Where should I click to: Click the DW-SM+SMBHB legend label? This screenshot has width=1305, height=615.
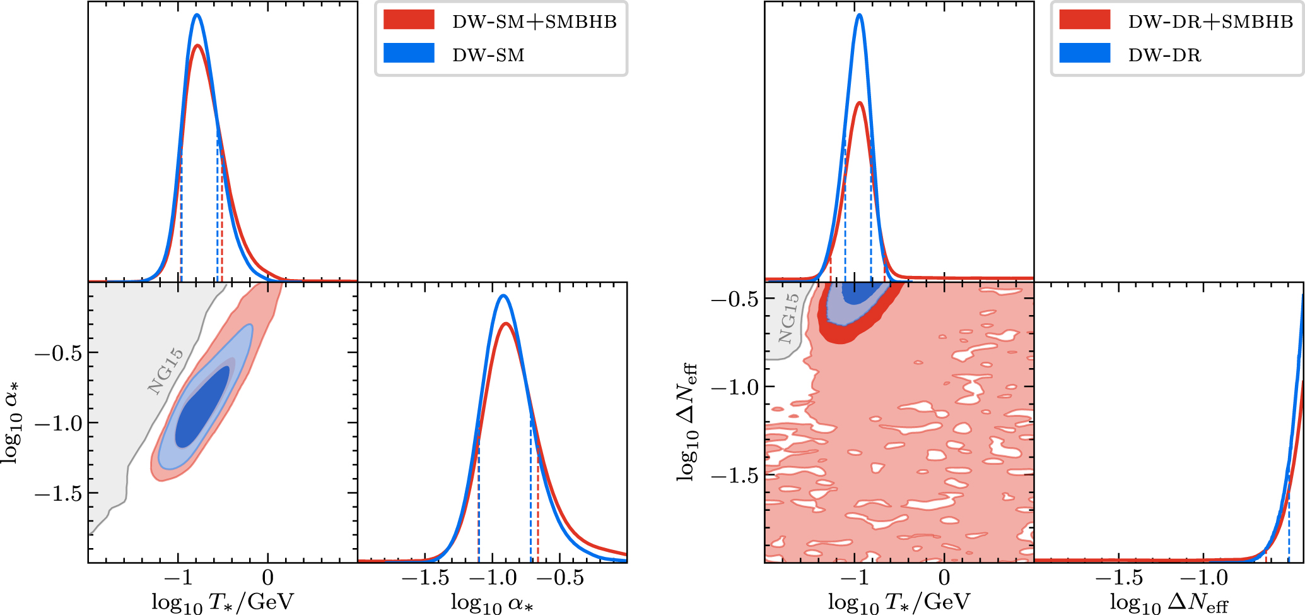[x=534, y=22]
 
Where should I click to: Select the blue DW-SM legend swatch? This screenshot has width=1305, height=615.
[x=409, y=53]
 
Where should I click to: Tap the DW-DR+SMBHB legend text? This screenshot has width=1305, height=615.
[x=1210, y=22]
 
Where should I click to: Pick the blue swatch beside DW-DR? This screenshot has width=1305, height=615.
[x=1084, y=53]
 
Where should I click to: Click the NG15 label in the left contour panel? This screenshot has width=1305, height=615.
[x=166, y=371]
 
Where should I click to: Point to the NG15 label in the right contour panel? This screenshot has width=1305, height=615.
[x=788, y=319]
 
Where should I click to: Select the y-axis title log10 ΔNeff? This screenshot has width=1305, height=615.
[x=688, y=422]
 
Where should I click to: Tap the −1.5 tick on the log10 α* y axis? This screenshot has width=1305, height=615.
[x=58, y=494]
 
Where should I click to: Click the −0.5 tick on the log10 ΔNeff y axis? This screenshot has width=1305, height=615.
[x=734, y=299]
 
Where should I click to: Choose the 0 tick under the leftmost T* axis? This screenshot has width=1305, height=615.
[x=268, y=578]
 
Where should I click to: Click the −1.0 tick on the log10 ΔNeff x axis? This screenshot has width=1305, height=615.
[x=1203, y=578]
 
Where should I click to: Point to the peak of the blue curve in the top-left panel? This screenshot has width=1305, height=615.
[x=197, y=15]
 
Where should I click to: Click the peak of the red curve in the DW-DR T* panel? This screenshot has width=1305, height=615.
[x=859, y=102]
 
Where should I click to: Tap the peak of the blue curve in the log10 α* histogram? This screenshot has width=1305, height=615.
[x=502, y=296]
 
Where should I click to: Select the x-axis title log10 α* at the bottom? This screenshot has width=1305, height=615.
[x=492, y=602]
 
